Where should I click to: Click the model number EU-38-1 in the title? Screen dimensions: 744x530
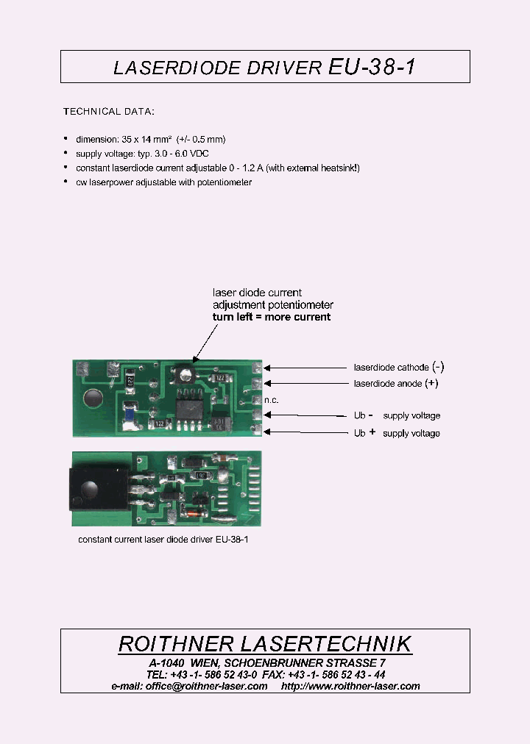coord(372,67)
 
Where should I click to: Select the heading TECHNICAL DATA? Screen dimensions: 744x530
coord(108,112)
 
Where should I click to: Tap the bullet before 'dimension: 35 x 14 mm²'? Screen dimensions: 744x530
coord(66,138)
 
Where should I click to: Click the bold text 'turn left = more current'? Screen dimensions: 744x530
coord(272,317)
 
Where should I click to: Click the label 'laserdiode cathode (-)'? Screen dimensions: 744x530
coord(398,367)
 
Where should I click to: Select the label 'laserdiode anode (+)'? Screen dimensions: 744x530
coord(395,384)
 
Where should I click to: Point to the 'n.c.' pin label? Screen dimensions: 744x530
coord(271,399)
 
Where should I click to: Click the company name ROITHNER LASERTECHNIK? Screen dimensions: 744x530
coord(265,644)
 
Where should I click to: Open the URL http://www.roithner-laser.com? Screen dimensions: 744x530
coord(350,686)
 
